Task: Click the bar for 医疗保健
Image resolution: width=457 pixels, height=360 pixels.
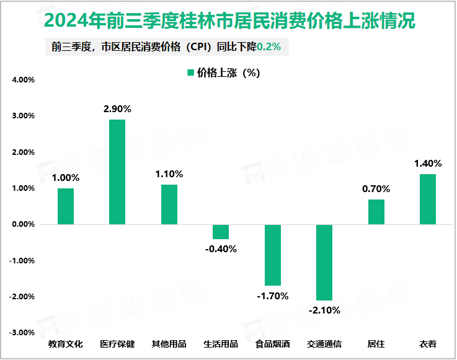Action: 117,172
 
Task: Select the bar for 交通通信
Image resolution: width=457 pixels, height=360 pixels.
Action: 324,262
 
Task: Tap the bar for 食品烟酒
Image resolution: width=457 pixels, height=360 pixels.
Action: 272,255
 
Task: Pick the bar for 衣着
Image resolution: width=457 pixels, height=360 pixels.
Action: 427,199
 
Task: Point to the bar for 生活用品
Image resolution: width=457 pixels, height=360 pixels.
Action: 221,232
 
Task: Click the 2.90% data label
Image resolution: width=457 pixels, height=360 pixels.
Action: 117,109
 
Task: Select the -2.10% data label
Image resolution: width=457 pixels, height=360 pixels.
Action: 324,310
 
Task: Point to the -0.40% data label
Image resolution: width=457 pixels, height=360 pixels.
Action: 221,249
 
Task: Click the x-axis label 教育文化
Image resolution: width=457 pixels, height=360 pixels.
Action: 65,344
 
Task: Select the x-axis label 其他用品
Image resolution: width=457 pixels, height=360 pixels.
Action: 169,344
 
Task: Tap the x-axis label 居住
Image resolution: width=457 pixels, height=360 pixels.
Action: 376,344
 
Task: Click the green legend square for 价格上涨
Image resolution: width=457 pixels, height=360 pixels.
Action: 190,73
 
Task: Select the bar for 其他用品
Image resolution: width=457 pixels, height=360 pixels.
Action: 169,204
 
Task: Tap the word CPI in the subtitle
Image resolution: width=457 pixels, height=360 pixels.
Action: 200,47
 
